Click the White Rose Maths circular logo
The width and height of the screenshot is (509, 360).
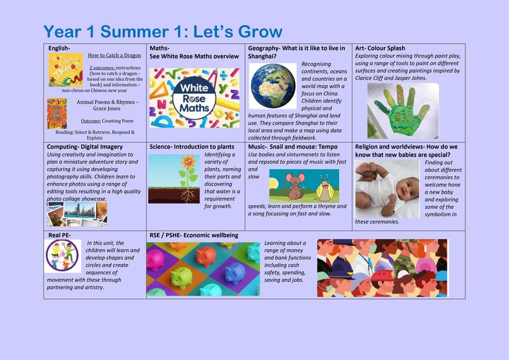click(194, 98)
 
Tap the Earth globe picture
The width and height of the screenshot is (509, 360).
click(273, 86)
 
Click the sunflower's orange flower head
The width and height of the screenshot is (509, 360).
click(188, 161)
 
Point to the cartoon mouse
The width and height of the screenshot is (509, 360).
click(294, 186)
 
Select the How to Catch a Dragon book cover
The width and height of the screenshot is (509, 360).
click(66, 70)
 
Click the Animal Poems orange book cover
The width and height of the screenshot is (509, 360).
click(57, 113)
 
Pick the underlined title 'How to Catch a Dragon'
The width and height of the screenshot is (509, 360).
click(114, 55)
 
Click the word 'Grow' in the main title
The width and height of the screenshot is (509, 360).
click(261, 32)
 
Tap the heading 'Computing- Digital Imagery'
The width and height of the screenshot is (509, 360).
click(85, 147)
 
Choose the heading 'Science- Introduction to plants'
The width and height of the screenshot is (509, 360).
click(192, 147)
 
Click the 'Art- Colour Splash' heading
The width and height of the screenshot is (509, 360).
click(380, 48)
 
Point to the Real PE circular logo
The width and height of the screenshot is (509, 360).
click(62, 256)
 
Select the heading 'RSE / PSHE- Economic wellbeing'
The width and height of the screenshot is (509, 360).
click(194, 236)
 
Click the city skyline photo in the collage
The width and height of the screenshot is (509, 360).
click(80, 210)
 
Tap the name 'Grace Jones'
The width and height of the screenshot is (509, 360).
click(106, 108)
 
